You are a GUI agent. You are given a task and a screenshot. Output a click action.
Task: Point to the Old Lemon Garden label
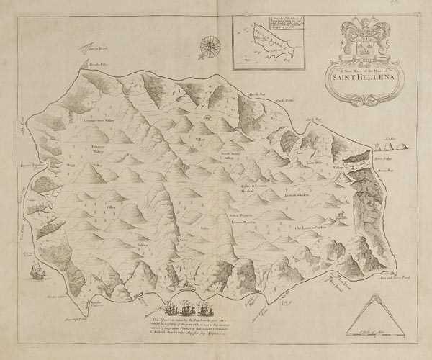[314, 229]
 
